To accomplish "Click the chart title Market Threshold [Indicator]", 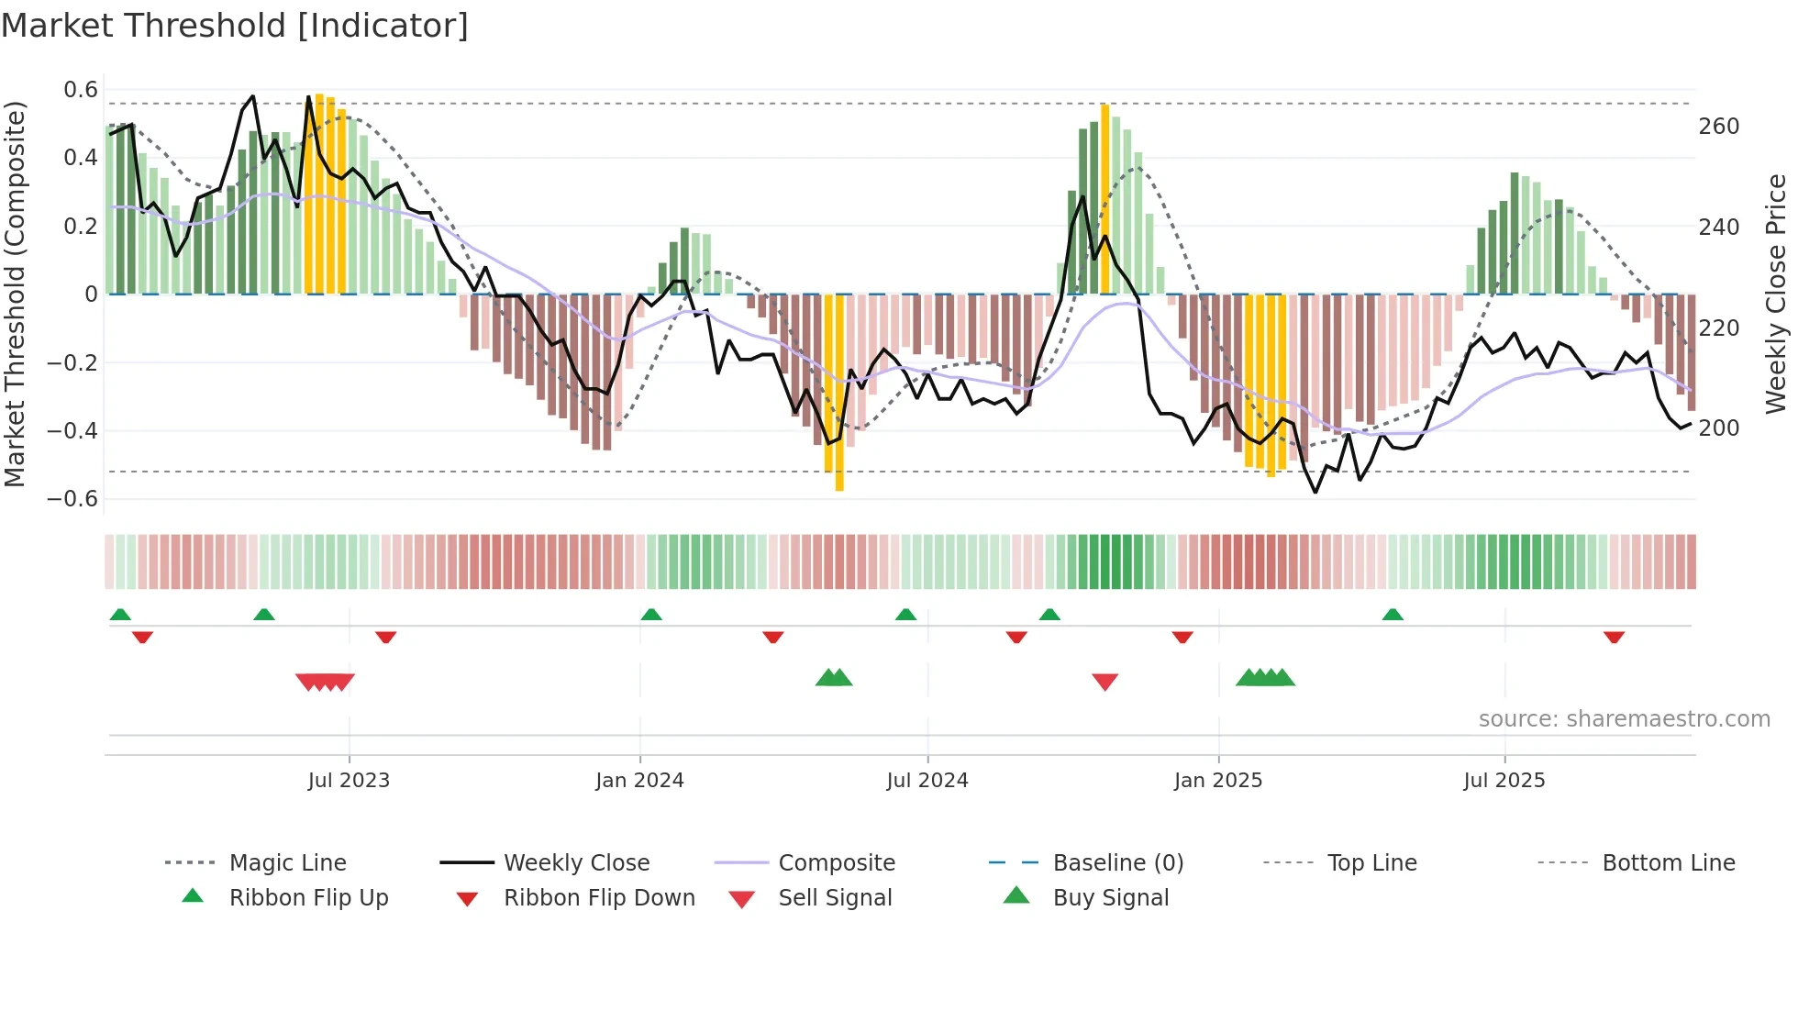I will tap(235, 26).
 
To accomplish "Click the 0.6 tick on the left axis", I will tap(81, 90).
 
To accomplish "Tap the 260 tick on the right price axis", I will tap(1718, 127).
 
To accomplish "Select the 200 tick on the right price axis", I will tap(1718, 428).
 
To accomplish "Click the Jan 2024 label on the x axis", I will tap(639, 781).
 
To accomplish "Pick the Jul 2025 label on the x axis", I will tap(1504, 781).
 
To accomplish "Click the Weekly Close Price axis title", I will tap(1776, 294).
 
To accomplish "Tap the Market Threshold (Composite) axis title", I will tap(15, 294).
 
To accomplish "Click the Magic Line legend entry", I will tap(287, 863).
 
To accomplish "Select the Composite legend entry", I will tap(836, 863).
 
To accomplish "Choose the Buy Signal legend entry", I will tap(1110, 898).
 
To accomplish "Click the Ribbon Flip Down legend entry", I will tap(598, 898).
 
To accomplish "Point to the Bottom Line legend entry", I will tap(1668, 863).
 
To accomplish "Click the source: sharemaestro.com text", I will tap(1624, 719).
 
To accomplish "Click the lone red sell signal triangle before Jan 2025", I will tap(1104, 682).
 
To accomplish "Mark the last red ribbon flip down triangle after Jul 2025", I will tap(1614, 637).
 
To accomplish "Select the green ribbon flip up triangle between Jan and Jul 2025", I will tap(1393, 615).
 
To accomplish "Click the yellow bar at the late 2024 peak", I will tap(1104, 197).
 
